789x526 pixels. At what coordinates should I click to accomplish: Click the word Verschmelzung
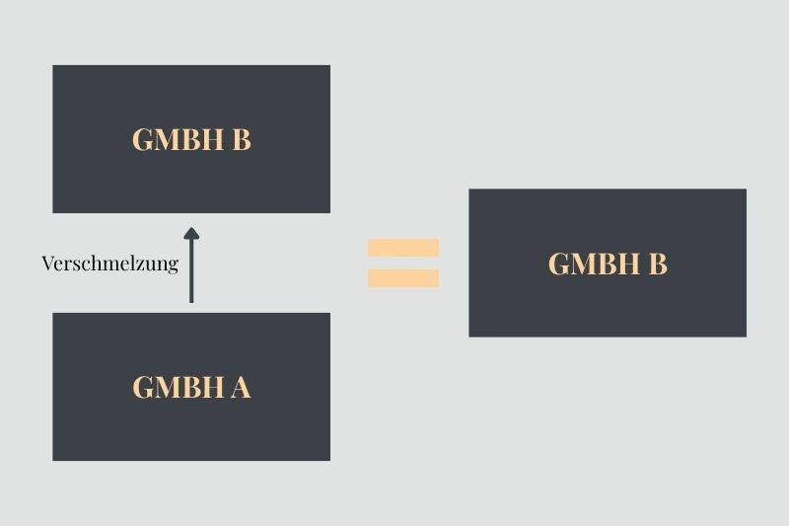click(x=109, y=263)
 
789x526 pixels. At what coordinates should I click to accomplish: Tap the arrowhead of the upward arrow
click(x=191, y=235)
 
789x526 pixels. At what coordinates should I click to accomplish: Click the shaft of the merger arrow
click(x=191, y=271)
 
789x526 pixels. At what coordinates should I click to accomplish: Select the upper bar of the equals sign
click(x=403, y=248)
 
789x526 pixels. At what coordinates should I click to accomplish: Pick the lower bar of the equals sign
click(x=403, y=278)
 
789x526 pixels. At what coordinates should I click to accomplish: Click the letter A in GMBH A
click(x=241, y=388)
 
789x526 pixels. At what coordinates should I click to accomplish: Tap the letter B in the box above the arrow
click(x=242, y=140)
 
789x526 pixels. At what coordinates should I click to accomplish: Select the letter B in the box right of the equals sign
click(x=658, y=264)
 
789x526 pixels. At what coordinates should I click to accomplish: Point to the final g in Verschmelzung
click(x=173, y=265)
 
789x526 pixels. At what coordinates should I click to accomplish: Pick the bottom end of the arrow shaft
click(x=191, y=300)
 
